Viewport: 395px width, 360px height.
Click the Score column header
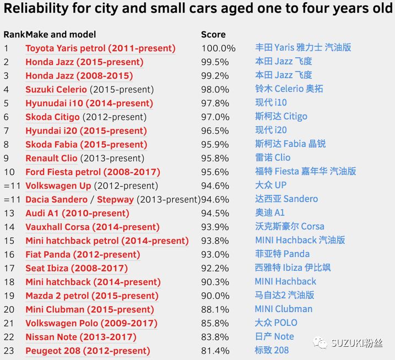(x=213, y=35)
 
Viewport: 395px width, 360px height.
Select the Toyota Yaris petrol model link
(x=100, y=48)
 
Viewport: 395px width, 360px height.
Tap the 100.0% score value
(x=218, y=48)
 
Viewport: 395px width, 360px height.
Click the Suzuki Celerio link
(x=56, y=90)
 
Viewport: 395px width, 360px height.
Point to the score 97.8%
(x=215, y=103)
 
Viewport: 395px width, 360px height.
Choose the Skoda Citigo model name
(x=52, y=117)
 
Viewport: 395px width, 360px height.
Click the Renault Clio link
(x=51, y=159)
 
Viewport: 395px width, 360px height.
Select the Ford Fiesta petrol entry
(x=93, y=172)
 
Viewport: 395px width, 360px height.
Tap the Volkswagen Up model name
(x=58, y=186)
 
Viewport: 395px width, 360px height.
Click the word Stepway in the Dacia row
(x=115, y=200)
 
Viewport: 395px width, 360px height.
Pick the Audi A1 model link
(x=77, y=214)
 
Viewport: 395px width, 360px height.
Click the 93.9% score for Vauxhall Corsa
(x=215, y=227)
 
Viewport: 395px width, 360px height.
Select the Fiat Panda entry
(x=83, y=254)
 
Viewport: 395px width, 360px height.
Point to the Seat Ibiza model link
(x=77, y=269)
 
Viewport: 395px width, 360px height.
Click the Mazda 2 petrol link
(x=92, y=296)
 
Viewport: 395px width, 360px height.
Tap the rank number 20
(x=9, y=310)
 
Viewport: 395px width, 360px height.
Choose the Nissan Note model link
(x=81, y=337)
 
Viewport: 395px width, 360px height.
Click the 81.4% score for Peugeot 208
(x=215, y=351)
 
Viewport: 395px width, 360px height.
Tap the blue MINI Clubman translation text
(x=283, y=309)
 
